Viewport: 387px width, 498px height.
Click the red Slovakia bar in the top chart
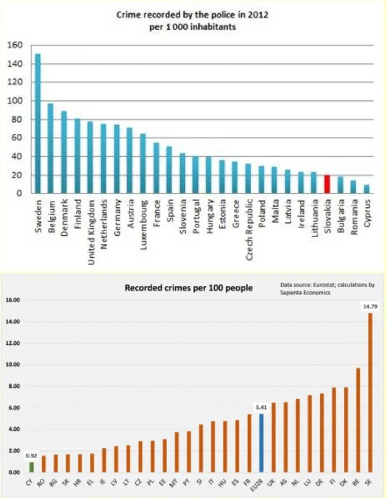point(327,184)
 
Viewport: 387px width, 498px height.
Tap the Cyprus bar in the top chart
point(366,189)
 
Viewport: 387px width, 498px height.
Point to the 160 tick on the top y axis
point(15,45)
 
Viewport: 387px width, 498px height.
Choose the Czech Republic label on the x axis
point(247,230)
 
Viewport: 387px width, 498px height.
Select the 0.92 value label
point(31,455)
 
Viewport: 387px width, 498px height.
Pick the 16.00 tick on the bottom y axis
point(13,300)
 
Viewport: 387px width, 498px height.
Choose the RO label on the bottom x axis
point(43,481)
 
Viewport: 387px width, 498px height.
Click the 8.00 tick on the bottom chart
point(14,386)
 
